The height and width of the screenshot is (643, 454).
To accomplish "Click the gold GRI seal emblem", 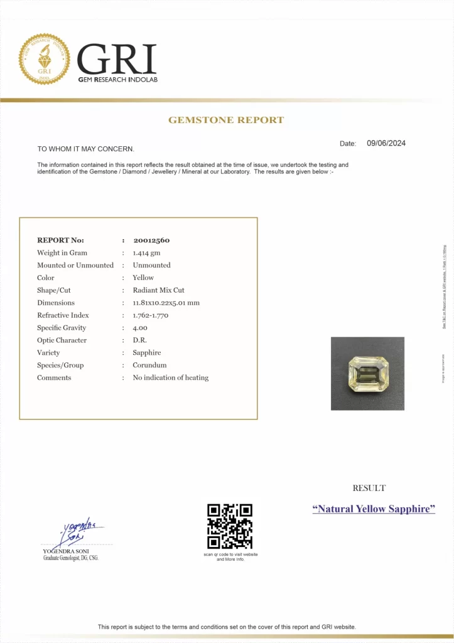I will (45, 59).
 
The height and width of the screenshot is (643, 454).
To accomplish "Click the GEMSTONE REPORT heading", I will (226, 120).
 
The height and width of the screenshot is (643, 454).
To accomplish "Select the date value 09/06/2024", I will (386, 143).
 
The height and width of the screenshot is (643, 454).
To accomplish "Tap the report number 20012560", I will (151, 240).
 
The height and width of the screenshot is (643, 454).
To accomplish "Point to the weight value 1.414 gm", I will (147, 253).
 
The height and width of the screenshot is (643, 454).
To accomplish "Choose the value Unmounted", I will (151, 266).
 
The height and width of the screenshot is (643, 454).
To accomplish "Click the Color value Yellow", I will (143, 278).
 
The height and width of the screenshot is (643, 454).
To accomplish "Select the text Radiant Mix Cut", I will (158, 290).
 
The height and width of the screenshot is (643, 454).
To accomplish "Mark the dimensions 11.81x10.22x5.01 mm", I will (166, 303).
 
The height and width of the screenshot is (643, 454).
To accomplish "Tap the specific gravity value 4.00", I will (140, 328).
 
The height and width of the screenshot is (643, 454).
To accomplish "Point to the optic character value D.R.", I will (139, 340).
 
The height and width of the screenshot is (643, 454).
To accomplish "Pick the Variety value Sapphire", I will (147, 353).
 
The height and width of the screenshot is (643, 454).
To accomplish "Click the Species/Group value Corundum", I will (149, 365).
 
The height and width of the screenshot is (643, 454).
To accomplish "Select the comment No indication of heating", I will (171, 378).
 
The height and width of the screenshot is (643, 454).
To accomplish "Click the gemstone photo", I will (367, 374).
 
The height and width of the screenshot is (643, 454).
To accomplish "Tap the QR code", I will (230, 526).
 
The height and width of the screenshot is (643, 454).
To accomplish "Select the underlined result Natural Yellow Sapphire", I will (374, 509).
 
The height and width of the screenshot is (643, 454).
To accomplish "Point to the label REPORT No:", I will (60, 240).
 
